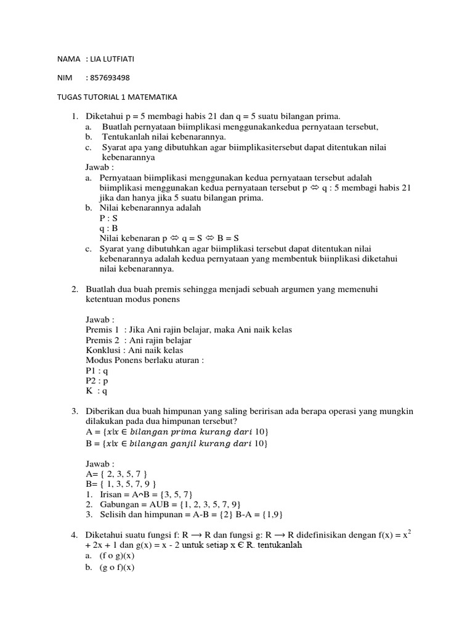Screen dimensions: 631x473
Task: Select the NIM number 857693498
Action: (110, 78)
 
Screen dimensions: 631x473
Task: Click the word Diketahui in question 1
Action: (104, 116)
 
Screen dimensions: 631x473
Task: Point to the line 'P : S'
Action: (108, 218)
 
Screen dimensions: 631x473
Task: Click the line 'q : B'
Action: (108, 228)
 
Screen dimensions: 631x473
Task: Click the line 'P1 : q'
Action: (97, 370)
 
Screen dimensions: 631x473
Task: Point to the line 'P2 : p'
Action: (97, 380)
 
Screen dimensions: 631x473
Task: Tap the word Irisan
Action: (113, 494)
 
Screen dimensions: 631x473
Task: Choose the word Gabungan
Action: (121, 504)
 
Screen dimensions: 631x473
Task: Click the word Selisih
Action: (114, 514)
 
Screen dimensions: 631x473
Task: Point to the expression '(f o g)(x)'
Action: (117, 556)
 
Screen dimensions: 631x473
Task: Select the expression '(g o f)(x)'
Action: (117, 567)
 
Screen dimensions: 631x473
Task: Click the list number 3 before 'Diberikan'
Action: (74, 410)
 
